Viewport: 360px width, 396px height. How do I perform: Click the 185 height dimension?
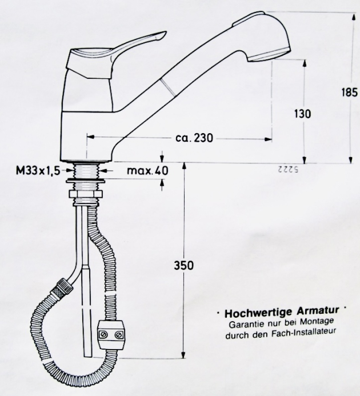pyautogui.click(x=349, y=92)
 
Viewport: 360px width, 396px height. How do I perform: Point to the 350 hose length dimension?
pyautogui.click(x=185, y=266)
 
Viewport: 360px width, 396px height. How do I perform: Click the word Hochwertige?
pyautogui.click(x=252, y=313)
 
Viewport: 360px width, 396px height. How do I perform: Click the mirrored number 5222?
pyautogui.click(x=291, y=170)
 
